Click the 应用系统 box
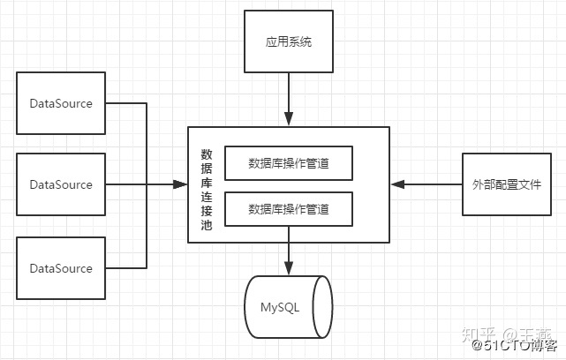pos(289,41)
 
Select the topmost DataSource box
pos(61,103)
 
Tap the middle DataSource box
pos(61,184)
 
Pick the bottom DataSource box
pos(61,267)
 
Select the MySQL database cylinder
pos(289,306)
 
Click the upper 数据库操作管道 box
pos(289,162)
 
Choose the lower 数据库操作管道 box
pos(289,209)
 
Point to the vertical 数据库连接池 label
pos(206,184)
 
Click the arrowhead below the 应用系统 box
pos(289,120)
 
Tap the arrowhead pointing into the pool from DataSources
pos(181,184)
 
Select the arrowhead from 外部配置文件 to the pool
pos(397,184)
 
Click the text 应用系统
pos(289,41)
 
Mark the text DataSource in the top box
pos(61,103)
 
